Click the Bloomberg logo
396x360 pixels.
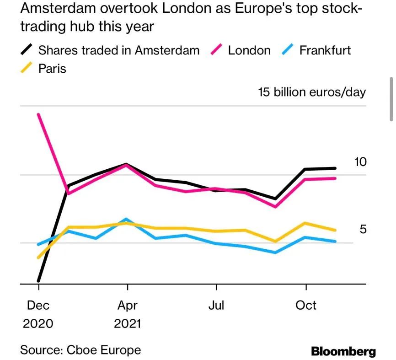coord(343,351)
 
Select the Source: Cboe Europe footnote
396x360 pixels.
coord(80,350)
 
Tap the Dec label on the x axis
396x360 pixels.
coord(38,305)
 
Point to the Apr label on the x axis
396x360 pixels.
coord(127,305)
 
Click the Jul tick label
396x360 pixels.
coord(216,305)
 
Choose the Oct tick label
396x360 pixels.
coord(305,305)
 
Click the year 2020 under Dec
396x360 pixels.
coord(38,324)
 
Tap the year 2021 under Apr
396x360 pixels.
coord(127,324)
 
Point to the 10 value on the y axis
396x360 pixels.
coord(360,162)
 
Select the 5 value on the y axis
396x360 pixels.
coord(363,229)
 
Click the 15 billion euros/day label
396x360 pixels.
coord(312,92)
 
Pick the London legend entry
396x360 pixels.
coord(249,50)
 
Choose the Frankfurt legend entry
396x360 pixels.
coord(325,50)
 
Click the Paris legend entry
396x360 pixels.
coord(52,69)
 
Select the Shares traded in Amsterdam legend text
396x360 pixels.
coord(119,50)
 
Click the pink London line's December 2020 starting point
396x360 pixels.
coord(39,114)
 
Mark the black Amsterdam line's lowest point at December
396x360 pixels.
coord(39,280)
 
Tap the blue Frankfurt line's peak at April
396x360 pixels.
coord(127,220)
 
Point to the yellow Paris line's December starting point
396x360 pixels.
coord(39,258)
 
